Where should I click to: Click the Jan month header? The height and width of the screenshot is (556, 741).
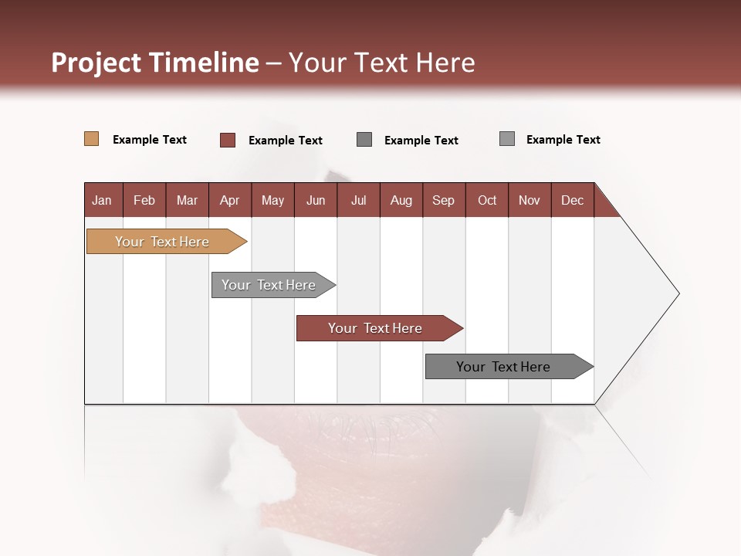[x=102, y=200]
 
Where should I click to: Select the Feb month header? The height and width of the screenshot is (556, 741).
[x=144, y=200]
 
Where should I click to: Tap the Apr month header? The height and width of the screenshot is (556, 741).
[x=229, y=200]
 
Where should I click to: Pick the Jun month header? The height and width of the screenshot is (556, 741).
[x=316, y=200]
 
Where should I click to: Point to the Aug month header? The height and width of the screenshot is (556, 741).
[x=401, y=200]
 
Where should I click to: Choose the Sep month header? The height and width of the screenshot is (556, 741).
[x=443, y=200]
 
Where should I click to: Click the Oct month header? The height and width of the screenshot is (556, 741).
[x=487, y=200]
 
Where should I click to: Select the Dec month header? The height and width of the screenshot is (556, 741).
[x=572, y=200]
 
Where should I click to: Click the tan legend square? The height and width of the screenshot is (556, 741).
[x=91, y=139]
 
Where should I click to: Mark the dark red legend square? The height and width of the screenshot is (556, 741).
[x=228, y=140]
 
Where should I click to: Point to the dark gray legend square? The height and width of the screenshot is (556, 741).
[x=364, y=139]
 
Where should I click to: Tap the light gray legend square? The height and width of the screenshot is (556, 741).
[x=507, y=139]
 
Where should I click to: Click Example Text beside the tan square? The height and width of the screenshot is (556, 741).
[x=150, y=140]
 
